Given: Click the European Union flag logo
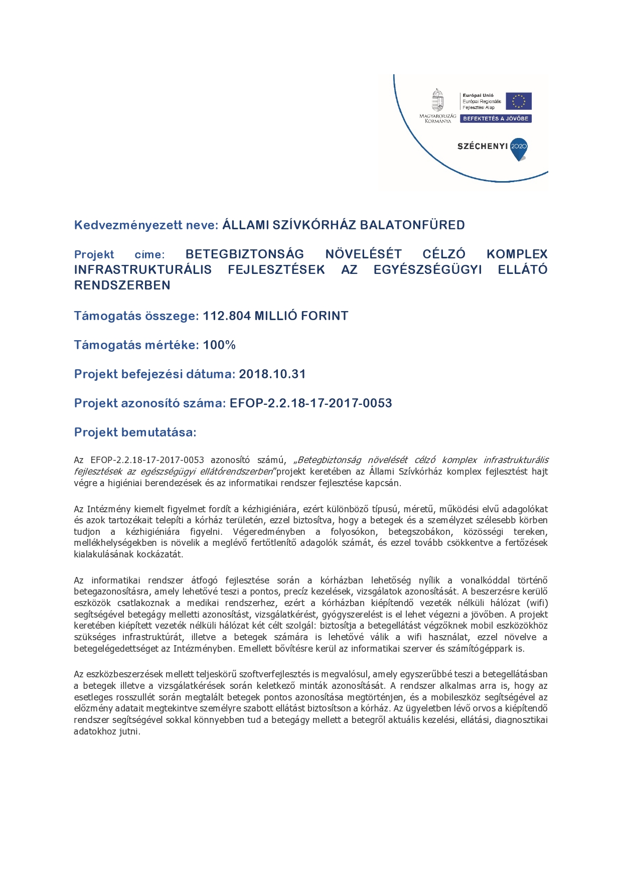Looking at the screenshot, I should [518, 101].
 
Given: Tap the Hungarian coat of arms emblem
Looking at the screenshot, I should [438, 100].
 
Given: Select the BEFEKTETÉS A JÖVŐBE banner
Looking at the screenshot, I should [495, 119].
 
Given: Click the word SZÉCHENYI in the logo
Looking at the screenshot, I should [482, 146].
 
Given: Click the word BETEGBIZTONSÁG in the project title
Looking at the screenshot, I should [244, 254].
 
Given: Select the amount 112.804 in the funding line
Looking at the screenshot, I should [226, 316].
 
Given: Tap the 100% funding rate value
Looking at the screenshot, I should [219, 345].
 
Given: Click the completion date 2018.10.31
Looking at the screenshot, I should [272, 374].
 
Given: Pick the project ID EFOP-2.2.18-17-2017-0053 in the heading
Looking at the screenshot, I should [310, 403].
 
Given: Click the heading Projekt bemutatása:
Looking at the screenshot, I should [135, 432].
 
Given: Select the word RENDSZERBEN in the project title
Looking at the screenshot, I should [122, 285].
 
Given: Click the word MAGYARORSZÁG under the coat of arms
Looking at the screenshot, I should [438, 116].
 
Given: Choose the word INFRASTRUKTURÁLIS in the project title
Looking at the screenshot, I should [142, 270].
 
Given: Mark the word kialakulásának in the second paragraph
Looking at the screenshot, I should [103, 554].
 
